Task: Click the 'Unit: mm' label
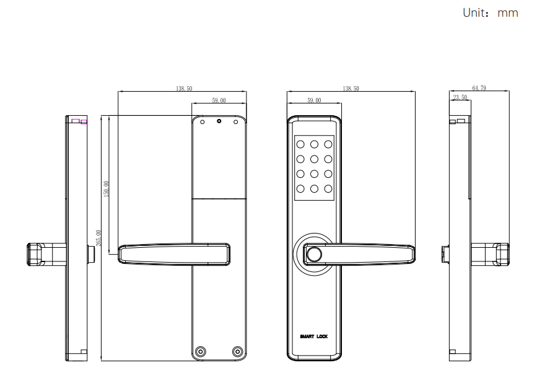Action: (490, 13)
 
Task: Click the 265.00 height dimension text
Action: (98, 238)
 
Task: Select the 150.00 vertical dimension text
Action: (106, 189)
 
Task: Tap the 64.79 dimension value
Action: (479, 88)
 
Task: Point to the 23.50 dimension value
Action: (460, 97)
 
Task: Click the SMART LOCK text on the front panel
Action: (313, 336)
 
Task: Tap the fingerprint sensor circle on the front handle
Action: (314, 255)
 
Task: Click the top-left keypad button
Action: (300, 144)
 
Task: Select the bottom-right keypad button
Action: (328, 189)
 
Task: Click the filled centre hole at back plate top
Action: (219, 121)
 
